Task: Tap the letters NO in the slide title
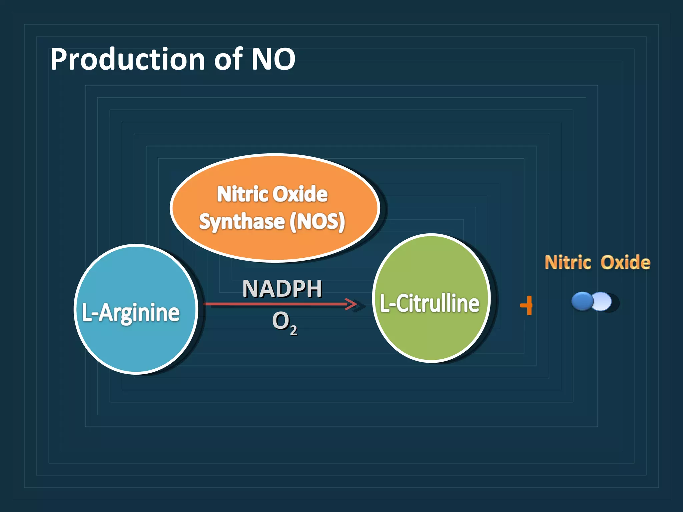273,59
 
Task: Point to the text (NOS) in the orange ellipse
317,222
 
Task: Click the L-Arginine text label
131,313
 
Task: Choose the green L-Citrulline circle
431,337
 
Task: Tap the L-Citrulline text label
430,304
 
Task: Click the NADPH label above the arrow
282,288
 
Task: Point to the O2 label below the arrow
283,322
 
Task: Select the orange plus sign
527,305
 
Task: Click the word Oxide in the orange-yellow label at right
625,262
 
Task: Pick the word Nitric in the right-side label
568,262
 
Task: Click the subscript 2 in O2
293,331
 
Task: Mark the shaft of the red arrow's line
273,304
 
